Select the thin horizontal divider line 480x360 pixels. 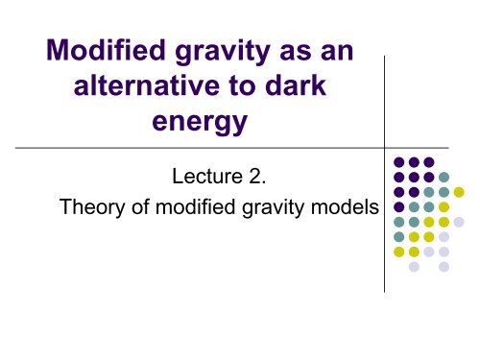(x=192, y=149)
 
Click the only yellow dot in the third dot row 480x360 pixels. (x=459, y=191)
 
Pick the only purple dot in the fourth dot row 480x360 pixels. (x=398, y=206)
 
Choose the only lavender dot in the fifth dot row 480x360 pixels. (x=459, y=222)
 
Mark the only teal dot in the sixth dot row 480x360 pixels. (x=398, y=237)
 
